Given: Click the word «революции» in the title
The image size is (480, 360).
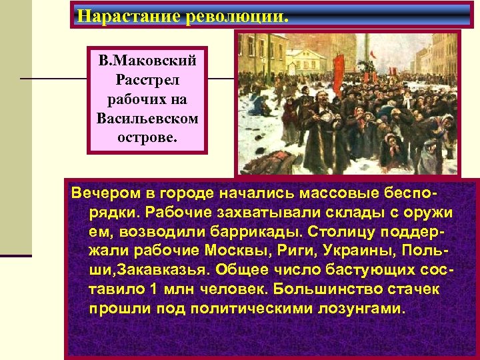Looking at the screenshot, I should (236, 15).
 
